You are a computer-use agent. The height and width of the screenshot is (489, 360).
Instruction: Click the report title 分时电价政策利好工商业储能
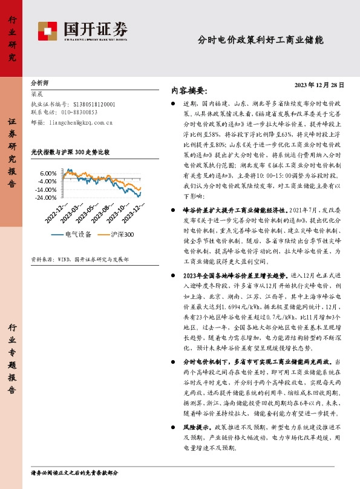coord(260,41)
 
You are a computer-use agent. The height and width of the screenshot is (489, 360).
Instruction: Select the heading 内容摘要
coord(189,91)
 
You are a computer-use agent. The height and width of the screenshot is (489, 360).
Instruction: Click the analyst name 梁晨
coord(37,94)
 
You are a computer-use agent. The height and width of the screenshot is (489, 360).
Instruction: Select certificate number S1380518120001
coord(94,104)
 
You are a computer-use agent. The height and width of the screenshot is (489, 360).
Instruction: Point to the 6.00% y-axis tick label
coord(48,173)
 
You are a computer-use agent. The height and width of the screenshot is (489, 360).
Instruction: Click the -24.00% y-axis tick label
coord(47,198)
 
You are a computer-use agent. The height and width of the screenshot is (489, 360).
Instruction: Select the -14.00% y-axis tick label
coord(47,189)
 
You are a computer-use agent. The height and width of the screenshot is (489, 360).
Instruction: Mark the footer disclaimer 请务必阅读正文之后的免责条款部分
coord(74,472)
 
